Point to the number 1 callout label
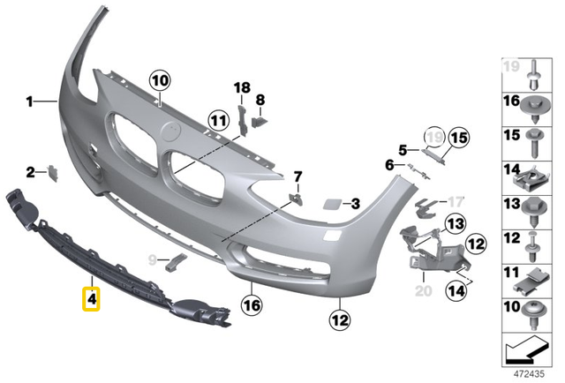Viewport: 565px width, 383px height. tap(28, 102)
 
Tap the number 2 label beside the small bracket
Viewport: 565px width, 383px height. tap(28, 171)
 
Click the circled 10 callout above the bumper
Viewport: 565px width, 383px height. tap(159, 82)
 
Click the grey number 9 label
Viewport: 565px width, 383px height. tap(151, 260)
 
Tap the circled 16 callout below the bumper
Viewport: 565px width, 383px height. tap(252, 306)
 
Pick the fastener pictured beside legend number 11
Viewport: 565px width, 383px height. tap(534, 281)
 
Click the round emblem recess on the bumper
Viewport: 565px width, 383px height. tap(170, 131)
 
